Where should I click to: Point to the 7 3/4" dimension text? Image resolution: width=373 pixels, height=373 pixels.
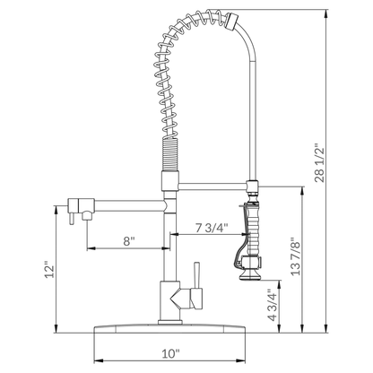pyautogui.click(x=213, y=227)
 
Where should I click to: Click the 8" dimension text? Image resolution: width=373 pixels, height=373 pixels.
pyautogui.click(x=130, y=240)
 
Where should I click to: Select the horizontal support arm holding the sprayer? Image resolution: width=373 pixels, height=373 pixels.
pyautogui.click(x=211, y=186)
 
